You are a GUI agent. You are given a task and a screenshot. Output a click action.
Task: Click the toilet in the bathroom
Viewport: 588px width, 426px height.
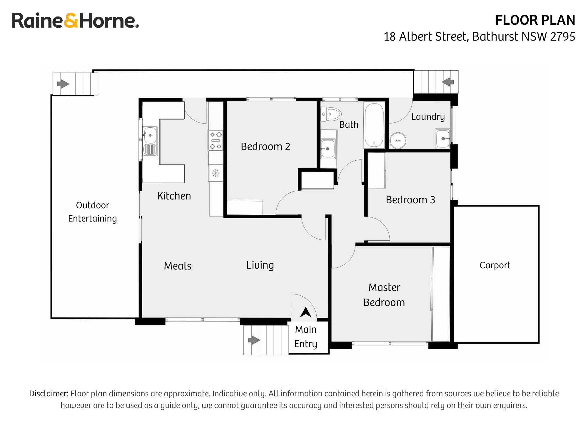(x=331, y=114)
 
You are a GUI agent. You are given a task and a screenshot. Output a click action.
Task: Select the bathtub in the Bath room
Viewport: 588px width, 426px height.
(x=374, y=125)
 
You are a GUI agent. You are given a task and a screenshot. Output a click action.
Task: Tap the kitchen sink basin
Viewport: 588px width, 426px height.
(x=150, y=135)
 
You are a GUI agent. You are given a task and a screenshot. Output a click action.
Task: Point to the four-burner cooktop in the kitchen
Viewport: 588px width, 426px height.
(x=216, y=141)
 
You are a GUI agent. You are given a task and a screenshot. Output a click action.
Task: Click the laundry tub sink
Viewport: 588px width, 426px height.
(x=443, y=139)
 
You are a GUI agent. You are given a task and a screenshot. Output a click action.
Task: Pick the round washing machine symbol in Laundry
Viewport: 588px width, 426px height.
(x=398, y=141)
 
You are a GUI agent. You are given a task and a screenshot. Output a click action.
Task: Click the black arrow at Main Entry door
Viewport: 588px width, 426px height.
(x=305, y=312)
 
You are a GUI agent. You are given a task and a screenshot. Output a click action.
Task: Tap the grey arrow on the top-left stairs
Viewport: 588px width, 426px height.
(x=63, y=84)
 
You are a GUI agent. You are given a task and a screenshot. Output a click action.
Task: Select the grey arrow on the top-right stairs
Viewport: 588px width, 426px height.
(x=448, y=82)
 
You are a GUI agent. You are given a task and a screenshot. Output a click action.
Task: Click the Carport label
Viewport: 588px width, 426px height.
(x=495, y=265)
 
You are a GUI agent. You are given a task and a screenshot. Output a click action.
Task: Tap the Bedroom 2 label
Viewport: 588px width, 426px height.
(x=265, y=147)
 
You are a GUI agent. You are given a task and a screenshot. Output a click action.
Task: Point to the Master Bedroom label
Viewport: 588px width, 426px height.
(x=384, y=295)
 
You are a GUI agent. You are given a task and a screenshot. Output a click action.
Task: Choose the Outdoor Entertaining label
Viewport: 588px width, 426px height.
(x=92, y=212)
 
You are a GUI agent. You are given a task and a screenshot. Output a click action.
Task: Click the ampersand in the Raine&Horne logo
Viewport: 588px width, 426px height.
(x=71, y=21)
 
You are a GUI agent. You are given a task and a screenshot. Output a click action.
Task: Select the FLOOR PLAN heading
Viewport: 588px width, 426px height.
(x=535, y=20)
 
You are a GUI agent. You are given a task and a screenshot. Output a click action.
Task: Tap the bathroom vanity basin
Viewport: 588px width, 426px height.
(x=328, y=149)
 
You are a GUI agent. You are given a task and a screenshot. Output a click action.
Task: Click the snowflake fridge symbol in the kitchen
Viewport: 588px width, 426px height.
(x=216, y=173)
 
